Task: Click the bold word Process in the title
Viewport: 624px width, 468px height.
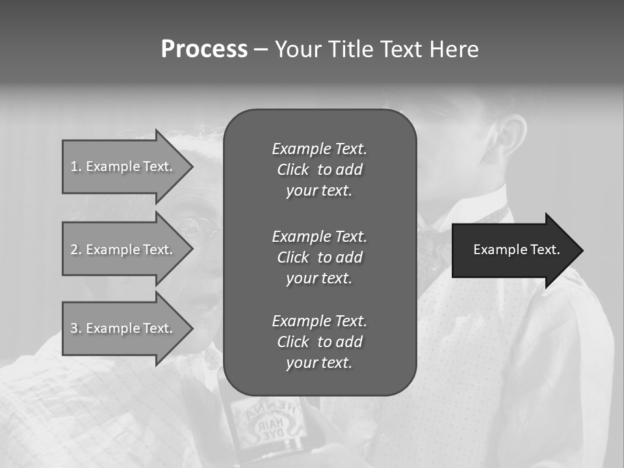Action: pyautogui.click(x=204, y=49)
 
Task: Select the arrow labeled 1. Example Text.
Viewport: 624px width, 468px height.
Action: pyautogui.click(x=123, y=166)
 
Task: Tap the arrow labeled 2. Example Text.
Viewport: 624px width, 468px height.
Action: pyautogui.click(x=123, y=250)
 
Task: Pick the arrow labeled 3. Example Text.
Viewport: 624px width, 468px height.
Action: pyautogui.click(x=123, y=328)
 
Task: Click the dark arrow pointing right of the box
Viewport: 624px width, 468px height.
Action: pyautogui.click(x=517, y=250)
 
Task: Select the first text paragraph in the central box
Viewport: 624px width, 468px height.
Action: pyautogui.click(x=319, y=170)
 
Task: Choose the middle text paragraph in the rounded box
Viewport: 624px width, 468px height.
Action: pyautogui.click(x=319, y=257)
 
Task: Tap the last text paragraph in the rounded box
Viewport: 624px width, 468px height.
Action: pyautogui.click(x=319, y=342)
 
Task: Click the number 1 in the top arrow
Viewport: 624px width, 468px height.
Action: pyautogui.click(x=74, y=166)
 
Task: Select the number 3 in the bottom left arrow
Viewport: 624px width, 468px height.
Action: pyautogui.click(x=74, y=328)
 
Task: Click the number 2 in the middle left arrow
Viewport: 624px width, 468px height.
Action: pyautogui.click(x=74, y=250)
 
